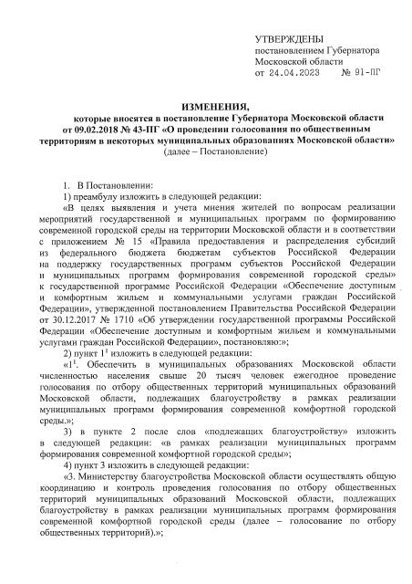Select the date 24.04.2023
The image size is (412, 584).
pyautogui.click(x=310, y=72)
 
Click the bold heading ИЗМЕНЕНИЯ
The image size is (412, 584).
pyautogui.click(x=206, y=108)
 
